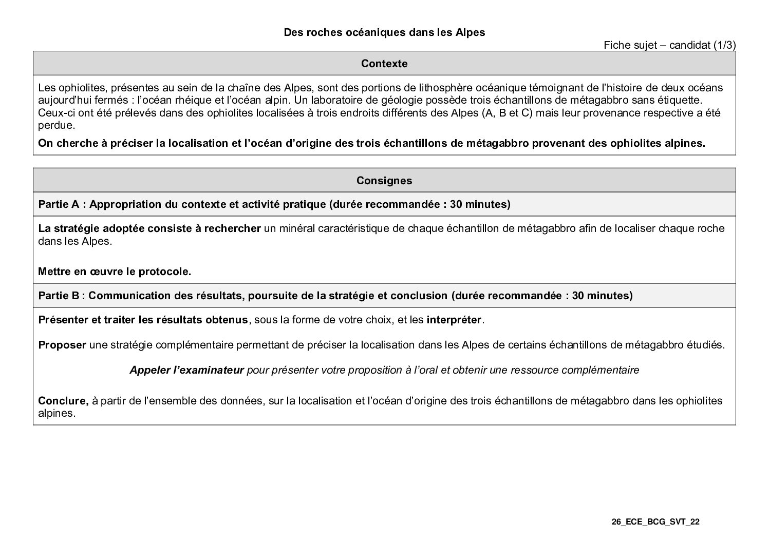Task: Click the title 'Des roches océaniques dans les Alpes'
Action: [384, 32]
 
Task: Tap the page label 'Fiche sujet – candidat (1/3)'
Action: [669, 45]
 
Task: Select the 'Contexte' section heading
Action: [384, 64]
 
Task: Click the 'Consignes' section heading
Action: [384, 181]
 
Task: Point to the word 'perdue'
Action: [55, 125]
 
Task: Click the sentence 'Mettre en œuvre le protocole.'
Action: [115, 271]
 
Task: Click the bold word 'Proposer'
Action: [62, 345]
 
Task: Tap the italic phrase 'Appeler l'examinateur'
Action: [186, 370]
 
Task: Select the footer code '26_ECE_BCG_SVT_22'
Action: [655, 522]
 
